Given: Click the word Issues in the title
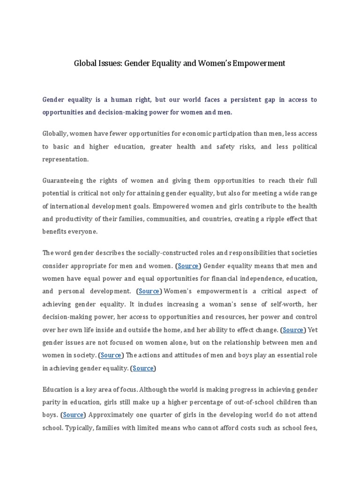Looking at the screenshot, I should coord(109,63).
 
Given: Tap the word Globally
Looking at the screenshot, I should coord(54,134).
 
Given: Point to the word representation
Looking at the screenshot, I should coord(66,159).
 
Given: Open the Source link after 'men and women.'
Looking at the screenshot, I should coord(188,266).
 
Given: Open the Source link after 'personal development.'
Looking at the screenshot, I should coord(149,291).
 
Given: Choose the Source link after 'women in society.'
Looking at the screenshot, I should coord(111,355).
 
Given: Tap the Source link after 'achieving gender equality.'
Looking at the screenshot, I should coord(143,368).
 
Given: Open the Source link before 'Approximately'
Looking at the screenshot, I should coord(73,415).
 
